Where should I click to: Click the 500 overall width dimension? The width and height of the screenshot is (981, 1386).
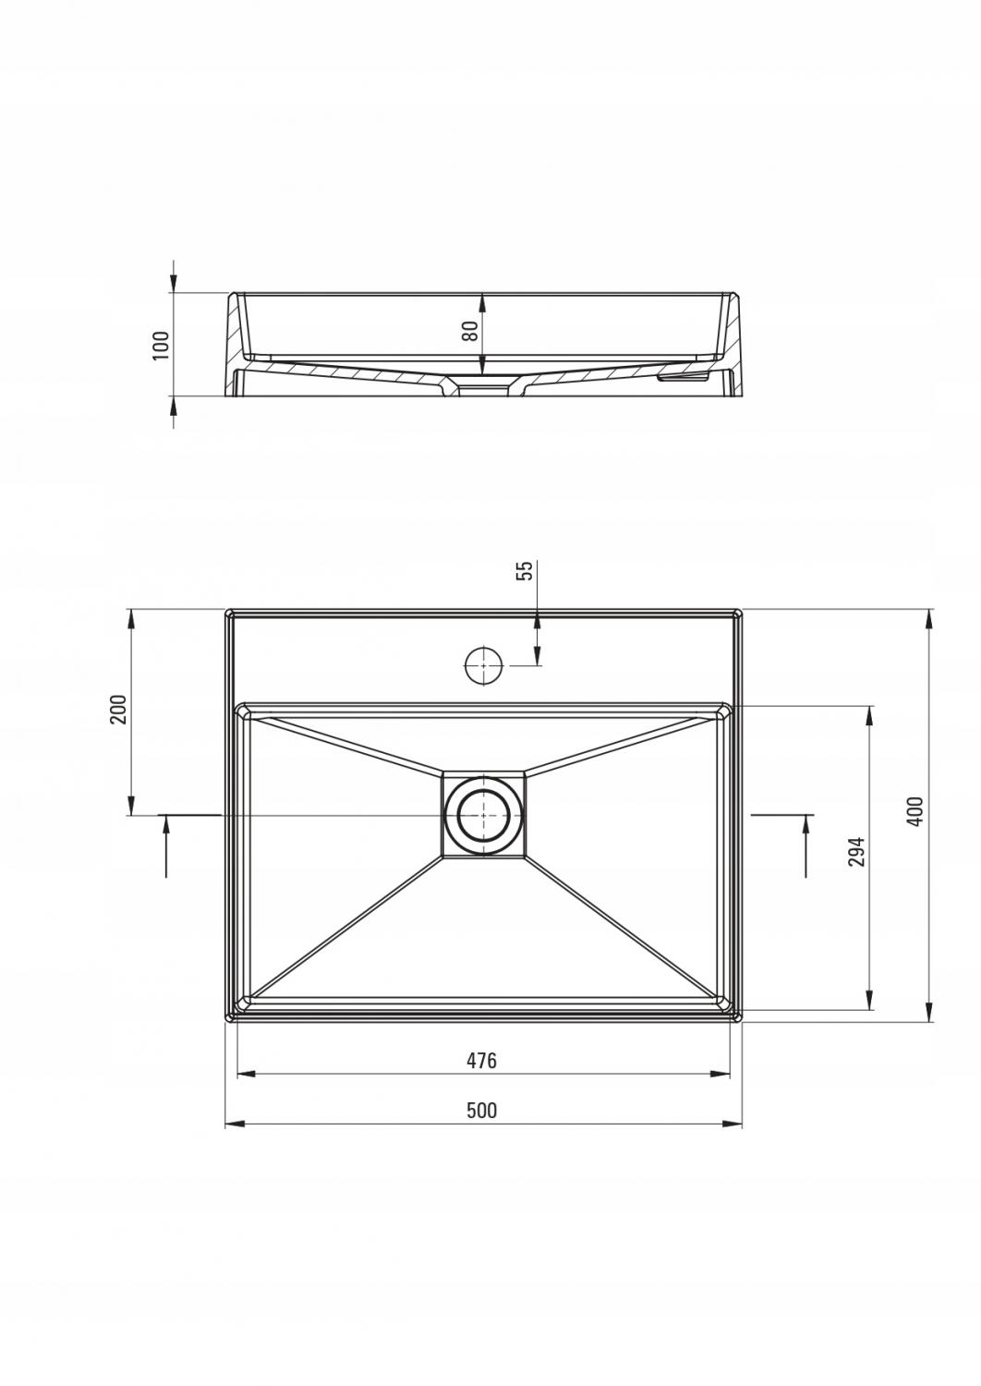point(481,1110)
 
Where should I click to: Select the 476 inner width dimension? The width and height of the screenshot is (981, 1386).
point(481,1061)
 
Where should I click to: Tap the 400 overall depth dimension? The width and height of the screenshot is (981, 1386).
point(915,811)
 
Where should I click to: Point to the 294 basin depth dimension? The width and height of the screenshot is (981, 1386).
point(856,852)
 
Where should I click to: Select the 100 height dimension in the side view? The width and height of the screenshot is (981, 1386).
point(163,345)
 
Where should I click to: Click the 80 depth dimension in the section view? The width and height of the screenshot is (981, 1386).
point(470,331)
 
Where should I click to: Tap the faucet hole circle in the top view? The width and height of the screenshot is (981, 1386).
point(482,665)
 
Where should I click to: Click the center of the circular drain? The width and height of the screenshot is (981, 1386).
point(482,815)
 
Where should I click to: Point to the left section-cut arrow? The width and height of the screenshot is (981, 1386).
point(166,843)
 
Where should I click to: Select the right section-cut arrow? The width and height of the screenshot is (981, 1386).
point(806,843)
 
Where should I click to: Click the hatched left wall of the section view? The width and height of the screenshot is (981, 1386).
point(237,329)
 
